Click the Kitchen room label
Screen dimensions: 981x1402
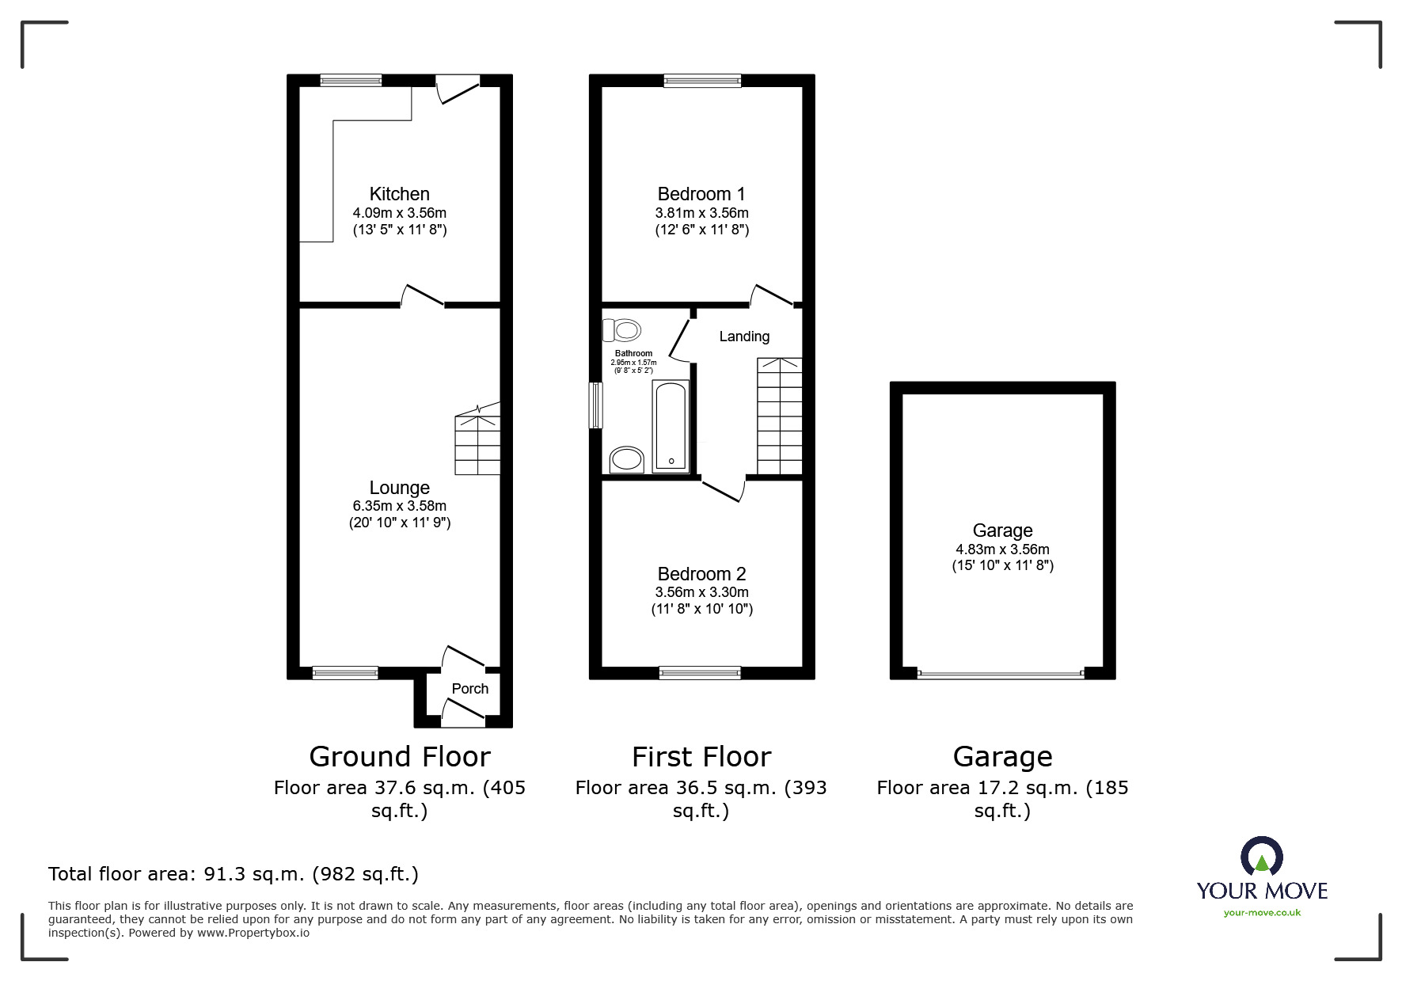[399, 194]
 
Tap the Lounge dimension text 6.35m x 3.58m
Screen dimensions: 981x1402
[399, 506]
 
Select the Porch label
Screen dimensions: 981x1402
[469, 689]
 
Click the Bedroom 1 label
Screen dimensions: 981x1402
[701, 194]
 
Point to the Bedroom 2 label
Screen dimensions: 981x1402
[701, 574]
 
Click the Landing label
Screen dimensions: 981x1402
[744, 337]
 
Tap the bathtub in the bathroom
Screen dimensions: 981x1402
[671, 426]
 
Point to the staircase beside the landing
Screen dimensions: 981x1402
[780, 416]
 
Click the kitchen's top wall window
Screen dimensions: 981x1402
[351, 80]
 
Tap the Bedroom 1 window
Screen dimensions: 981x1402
[702, 80]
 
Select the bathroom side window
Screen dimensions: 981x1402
[596, 405]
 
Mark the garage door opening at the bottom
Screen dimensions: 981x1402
[1001, 675]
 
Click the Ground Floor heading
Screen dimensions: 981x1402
[399, 757]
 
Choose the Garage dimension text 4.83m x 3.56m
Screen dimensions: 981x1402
[1002, 549]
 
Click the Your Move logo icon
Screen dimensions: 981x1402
[1261, 857]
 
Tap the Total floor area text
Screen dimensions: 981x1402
[234, 874]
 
